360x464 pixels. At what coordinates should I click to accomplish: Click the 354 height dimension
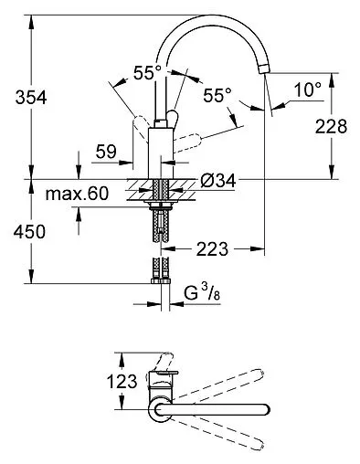click(x=31, y=98)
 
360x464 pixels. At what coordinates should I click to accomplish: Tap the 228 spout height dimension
click(x=331, y=126)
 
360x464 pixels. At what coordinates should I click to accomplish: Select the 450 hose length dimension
click(x=29, y=232)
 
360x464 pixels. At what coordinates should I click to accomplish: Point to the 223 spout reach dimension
click(x=212, y=249)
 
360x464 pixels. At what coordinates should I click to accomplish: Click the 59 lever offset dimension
click(x=106, y=152)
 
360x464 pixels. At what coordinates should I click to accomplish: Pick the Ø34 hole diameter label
click(x=218, y=182)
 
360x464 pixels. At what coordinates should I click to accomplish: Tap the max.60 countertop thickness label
click(x=77, y=194)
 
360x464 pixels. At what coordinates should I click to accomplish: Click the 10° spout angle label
click(x=308, y=90)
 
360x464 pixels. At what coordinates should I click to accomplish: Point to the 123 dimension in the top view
click(x=122, y=381)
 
